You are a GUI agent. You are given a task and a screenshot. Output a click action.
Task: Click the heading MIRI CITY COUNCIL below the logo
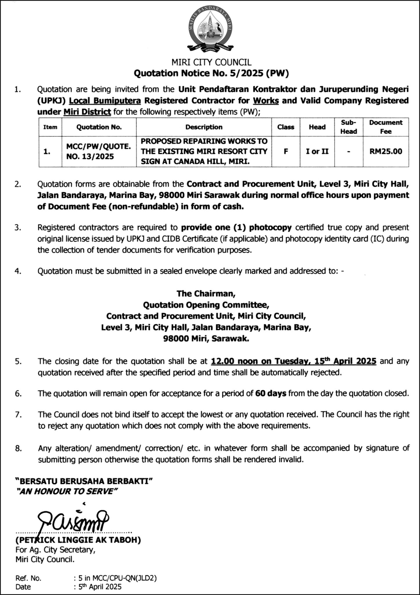point(211,62)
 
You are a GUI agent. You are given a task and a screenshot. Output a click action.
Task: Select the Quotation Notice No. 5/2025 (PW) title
point(211,73)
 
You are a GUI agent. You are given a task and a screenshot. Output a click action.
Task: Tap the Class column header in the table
point(286,127)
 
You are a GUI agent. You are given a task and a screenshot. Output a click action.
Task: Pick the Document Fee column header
point(385,127)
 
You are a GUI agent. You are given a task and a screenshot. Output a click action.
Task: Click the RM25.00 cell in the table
point(385,151)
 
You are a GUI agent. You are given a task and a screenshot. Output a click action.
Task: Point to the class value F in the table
point(286,151)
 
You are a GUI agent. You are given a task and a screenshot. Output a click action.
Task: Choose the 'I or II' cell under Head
point(317,151)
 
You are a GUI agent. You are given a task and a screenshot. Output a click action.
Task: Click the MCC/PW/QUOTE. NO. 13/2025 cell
point(99,151)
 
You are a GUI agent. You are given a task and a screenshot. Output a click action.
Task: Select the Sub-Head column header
point(348,127)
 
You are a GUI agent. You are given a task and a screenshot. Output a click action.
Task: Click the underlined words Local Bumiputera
point(105,101)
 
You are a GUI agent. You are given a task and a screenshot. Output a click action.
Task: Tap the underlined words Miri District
point(87,112)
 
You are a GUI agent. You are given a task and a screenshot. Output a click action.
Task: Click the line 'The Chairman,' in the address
point(206,293)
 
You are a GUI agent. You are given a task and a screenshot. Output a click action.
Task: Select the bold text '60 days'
point(271,393)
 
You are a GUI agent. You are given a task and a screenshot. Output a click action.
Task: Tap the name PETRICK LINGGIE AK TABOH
point(78,540)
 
